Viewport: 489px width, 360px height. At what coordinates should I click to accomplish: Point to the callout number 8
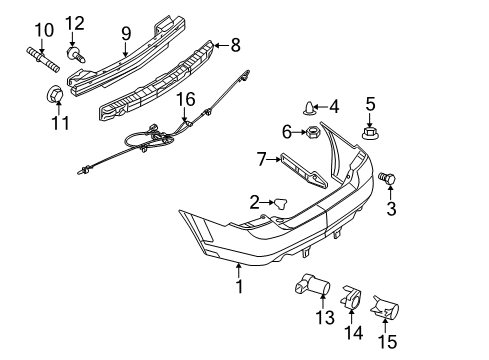click(236, 44)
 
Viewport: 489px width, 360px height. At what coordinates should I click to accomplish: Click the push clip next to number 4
click(308, 106)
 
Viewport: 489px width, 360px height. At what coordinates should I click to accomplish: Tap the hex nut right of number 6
click(312, 131)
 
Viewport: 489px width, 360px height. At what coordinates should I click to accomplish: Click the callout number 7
click(262, 158)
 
